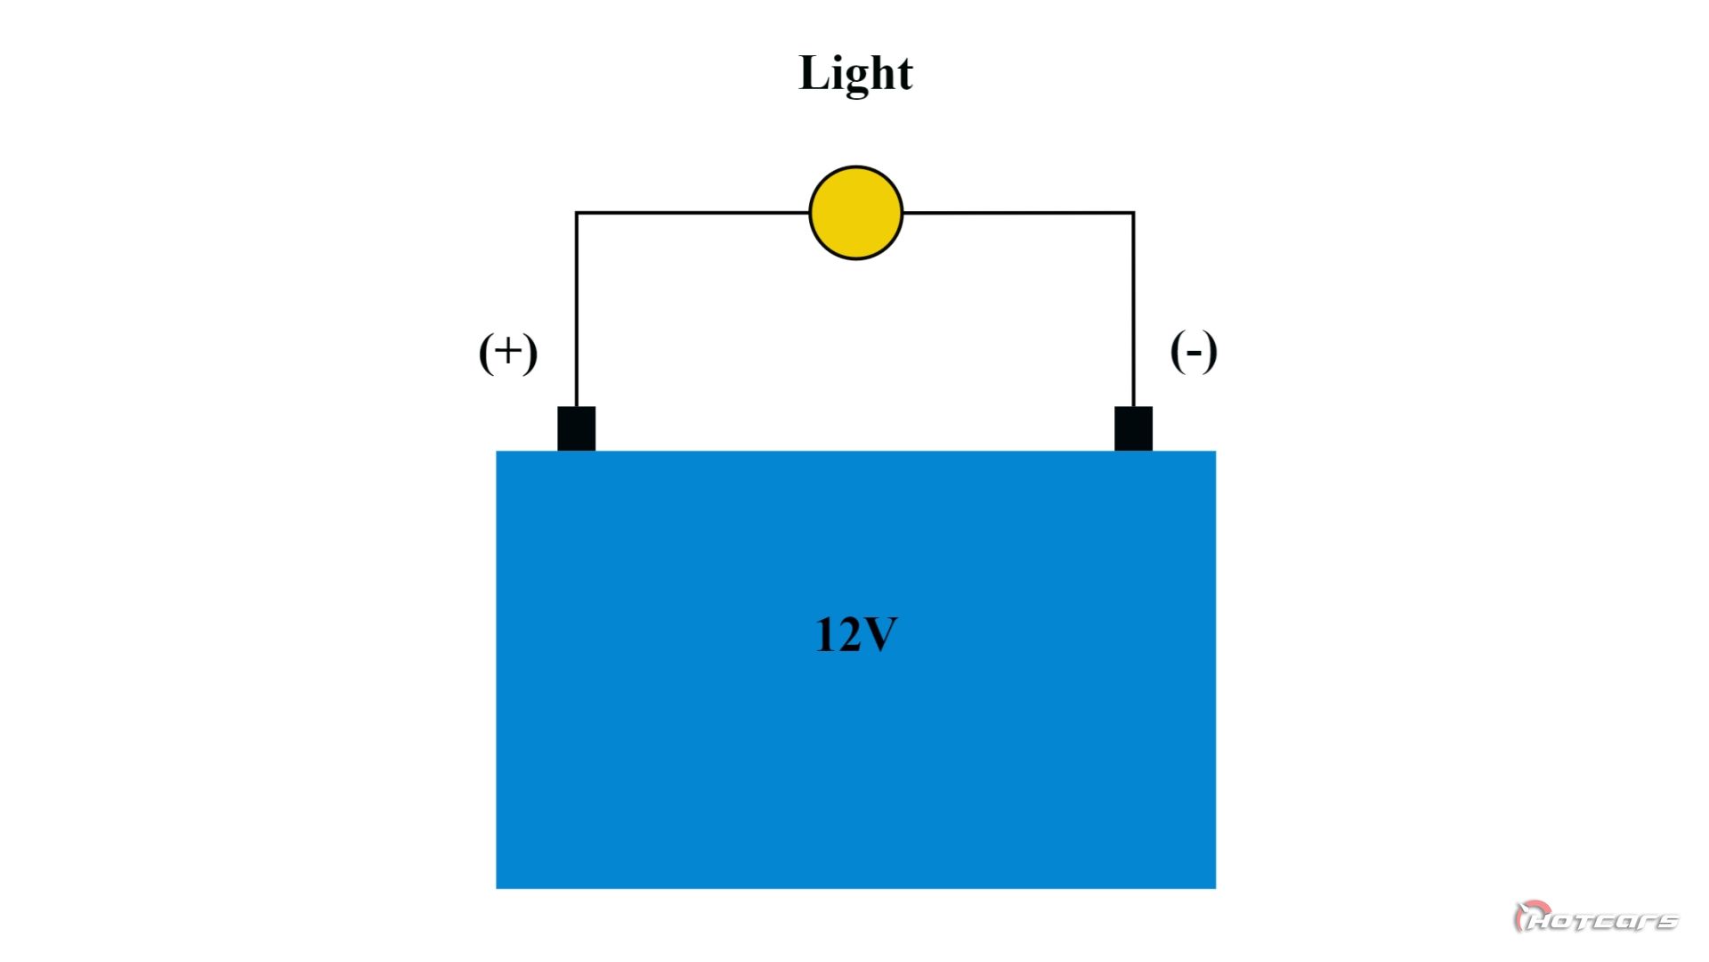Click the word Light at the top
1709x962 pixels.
click(x=855, y=73)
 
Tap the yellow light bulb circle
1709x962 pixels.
click(x=855, y=213)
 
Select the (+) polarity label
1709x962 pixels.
click(x=507, y=352)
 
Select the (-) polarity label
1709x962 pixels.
click(x=1193, y=351)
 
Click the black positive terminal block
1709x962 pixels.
click(x=576, y=428)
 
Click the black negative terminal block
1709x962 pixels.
click(x=1133, y=428)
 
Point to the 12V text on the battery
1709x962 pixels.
click(x=855, y=635)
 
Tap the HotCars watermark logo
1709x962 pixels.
click(x=1595, y=917)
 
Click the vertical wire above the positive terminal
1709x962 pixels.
click(x=576, y=312)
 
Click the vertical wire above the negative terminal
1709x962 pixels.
click(x=1133, y=312)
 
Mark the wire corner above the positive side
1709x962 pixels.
click(x=577, y=213)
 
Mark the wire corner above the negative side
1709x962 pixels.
click(x=1133, y=213)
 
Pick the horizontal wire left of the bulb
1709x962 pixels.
click(x=694, y=213)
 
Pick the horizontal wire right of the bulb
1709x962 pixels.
click(x=1019, y=213)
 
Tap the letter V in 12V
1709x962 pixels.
click(x=880, y=635)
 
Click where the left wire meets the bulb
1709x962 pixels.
click(x=810, y=213)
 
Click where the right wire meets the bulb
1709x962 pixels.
click(x=903, y=213)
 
